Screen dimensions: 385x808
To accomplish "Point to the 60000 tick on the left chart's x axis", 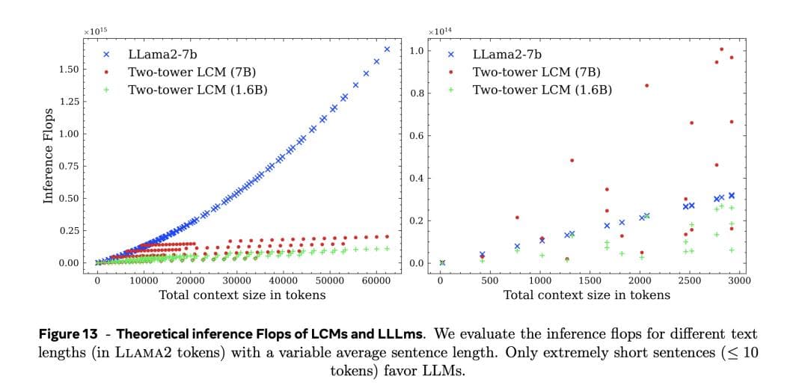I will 376,281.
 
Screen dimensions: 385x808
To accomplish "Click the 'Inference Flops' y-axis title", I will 49,156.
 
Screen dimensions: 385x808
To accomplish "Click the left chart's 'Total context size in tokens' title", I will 242,295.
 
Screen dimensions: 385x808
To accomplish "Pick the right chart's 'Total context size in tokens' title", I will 587,295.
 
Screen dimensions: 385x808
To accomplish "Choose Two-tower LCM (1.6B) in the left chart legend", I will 198,90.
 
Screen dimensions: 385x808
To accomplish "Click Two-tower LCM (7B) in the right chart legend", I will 536,72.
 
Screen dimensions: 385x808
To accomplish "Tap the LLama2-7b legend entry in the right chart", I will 507,55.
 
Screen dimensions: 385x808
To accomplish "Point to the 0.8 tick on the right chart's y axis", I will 417,93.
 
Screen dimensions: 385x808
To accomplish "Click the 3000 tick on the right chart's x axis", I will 739,281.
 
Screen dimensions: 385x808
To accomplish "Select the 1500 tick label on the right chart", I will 590,281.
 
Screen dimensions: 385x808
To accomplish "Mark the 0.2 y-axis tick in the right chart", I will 417,221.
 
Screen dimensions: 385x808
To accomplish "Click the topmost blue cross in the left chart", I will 387,49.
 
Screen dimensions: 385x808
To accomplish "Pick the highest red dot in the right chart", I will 721,49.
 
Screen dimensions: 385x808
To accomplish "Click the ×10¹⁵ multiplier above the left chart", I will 96,31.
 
